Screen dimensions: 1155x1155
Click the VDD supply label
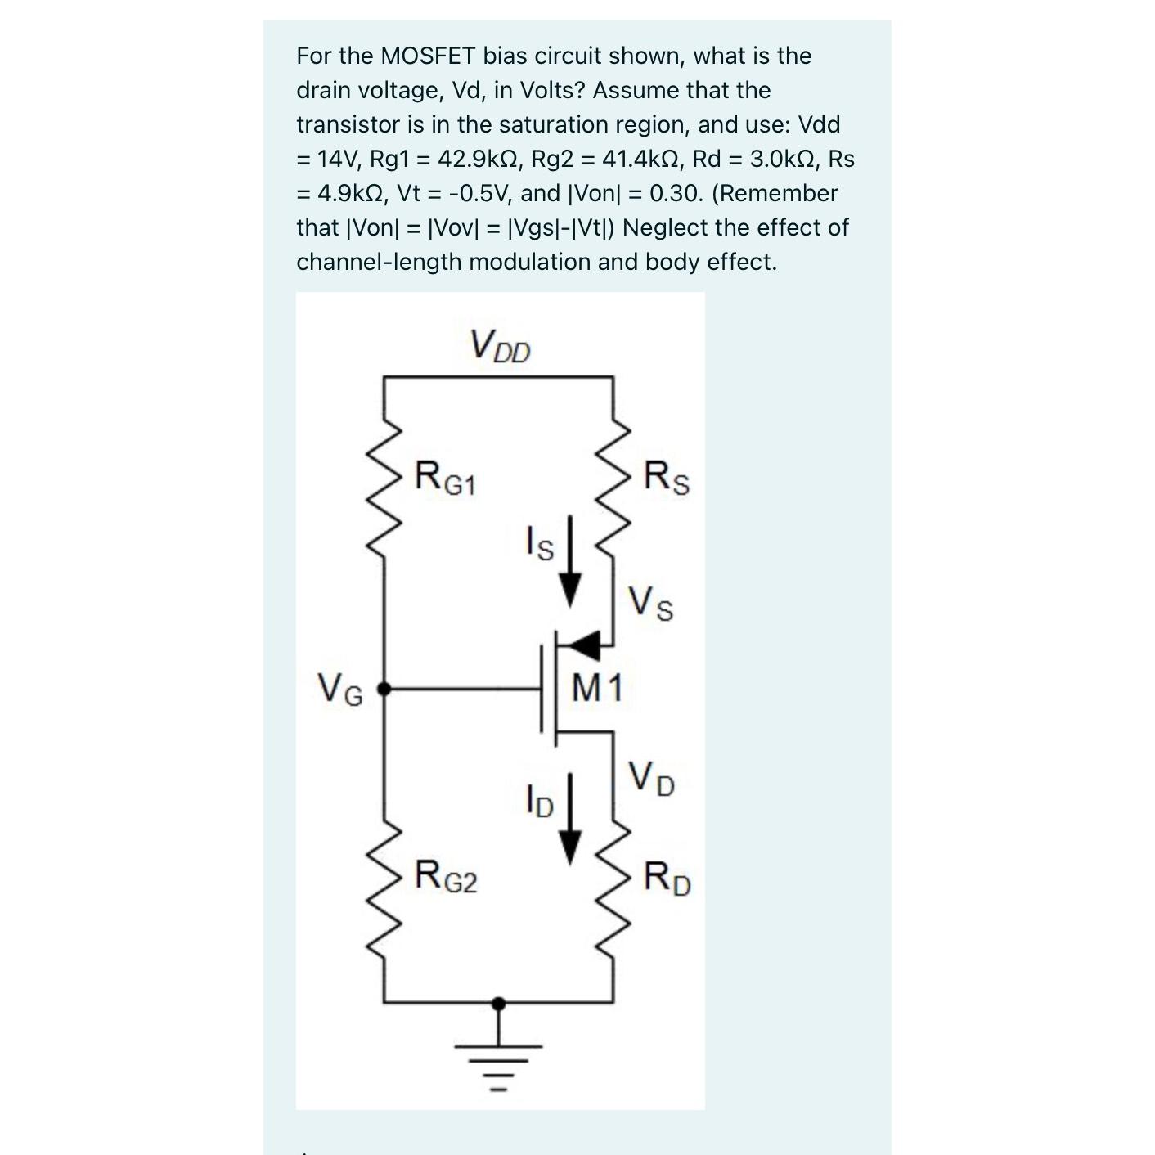(x=500, y=346)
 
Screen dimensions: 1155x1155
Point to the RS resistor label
(x=667, y=479)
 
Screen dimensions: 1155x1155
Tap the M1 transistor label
(x=597, y=687)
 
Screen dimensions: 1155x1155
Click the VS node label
(x=651, y=604)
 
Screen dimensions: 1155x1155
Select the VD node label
(x=651, y=779)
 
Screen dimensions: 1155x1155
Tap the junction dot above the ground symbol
(x=499, y=1001)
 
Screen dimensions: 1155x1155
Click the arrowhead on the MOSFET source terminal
(x=583, y=646)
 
